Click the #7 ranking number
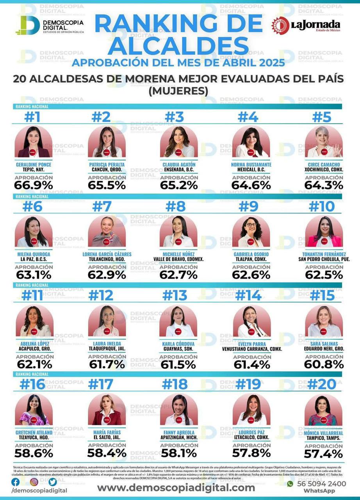point(102,206)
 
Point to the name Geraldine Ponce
point(34,164)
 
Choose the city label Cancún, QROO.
point(107,170)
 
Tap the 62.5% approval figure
point(324,275)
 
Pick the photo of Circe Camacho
point(324,142)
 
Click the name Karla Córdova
point(178,343)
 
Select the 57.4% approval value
point(324,454)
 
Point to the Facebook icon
point(15,482)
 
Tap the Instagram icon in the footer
point(34,482)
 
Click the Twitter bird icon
point(53,482)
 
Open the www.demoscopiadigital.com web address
point(176,487)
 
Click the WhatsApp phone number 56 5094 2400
point(321,484)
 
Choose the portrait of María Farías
point(107,410)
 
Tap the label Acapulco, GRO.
point(34,348)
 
